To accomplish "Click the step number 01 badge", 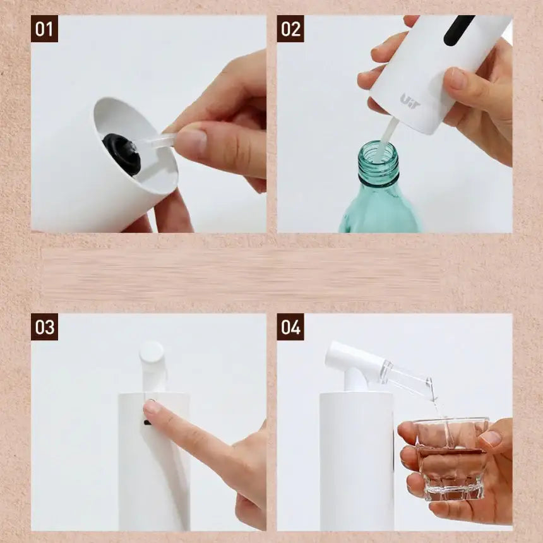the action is [x=44, y=29].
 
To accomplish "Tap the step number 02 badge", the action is [x=290, y=29].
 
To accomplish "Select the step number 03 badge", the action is [x=44, y=327].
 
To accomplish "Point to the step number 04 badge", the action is [x=290, y=327].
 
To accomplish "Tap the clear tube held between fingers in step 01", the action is [x=154, y=142].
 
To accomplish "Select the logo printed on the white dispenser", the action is [x=410, y=100].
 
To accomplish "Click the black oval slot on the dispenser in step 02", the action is [x=458, y=30].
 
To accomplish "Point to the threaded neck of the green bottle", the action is [x=378, y=162].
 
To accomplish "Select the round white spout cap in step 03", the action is [x=152, y=352].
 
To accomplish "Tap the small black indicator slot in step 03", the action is [x=147, y=422].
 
